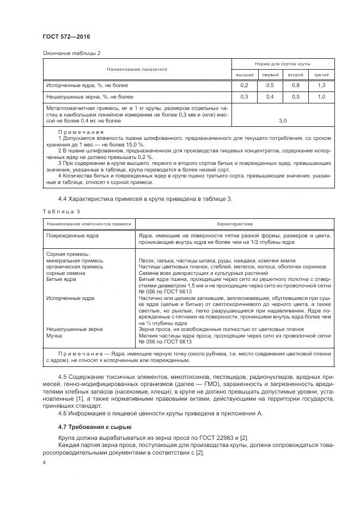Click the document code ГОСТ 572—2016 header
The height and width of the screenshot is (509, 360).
[x=66, y=36]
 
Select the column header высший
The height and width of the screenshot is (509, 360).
[x=244, y=75]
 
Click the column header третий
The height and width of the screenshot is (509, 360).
[x=321, y=75]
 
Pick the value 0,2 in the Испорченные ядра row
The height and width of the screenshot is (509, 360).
[x=244, y=86]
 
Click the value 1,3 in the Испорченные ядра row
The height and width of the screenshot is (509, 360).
[x=321, y=86]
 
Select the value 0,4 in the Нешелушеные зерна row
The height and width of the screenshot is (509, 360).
[x=270, y=97]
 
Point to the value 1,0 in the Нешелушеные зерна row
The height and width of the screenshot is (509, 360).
[x=321, y=97]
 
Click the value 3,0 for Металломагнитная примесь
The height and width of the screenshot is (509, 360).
[x=283, y=121]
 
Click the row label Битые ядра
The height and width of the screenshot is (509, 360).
[x=61, y=279]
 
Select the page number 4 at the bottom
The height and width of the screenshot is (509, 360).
[x=44, y=463]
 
